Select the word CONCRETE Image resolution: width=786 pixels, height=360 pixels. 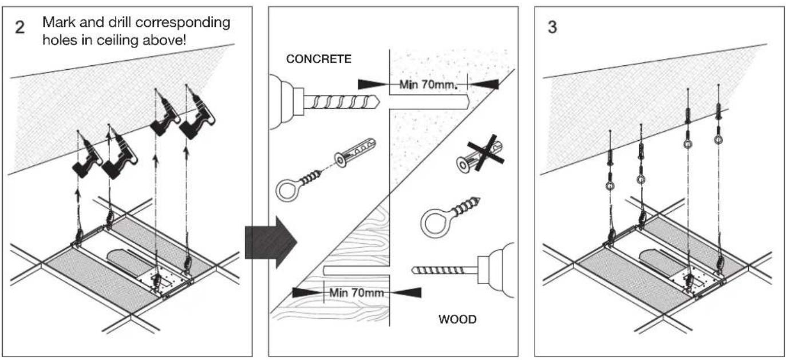319,60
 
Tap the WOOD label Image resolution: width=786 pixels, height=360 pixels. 457,319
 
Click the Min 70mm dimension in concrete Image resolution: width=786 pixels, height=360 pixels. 428,84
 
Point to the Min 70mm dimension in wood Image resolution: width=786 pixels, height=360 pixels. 356,292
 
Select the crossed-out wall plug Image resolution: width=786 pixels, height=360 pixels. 480,155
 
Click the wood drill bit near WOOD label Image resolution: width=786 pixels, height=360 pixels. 443,268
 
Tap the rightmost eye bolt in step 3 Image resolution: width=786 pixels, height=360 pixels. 718,139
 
